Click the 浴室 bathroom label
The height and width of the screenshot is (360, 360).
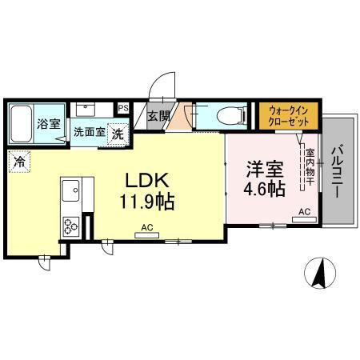pos(49,124)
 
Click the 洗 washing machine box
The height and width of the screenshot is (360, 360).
pos(118,134)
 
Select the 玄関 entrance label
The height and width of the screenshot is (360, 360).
pos(158,116)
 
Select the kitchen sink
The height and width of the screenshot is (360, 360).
pos(69,193)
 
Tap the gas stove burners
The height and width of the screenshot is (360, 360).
pos(70,227)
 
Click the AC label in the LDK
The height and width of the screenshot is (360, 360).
pos(146,228)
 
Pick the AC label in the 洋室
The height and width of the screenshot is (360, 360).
pos(303,211)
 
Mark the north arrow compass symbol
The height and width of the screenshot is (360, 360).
pos(319,274)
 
